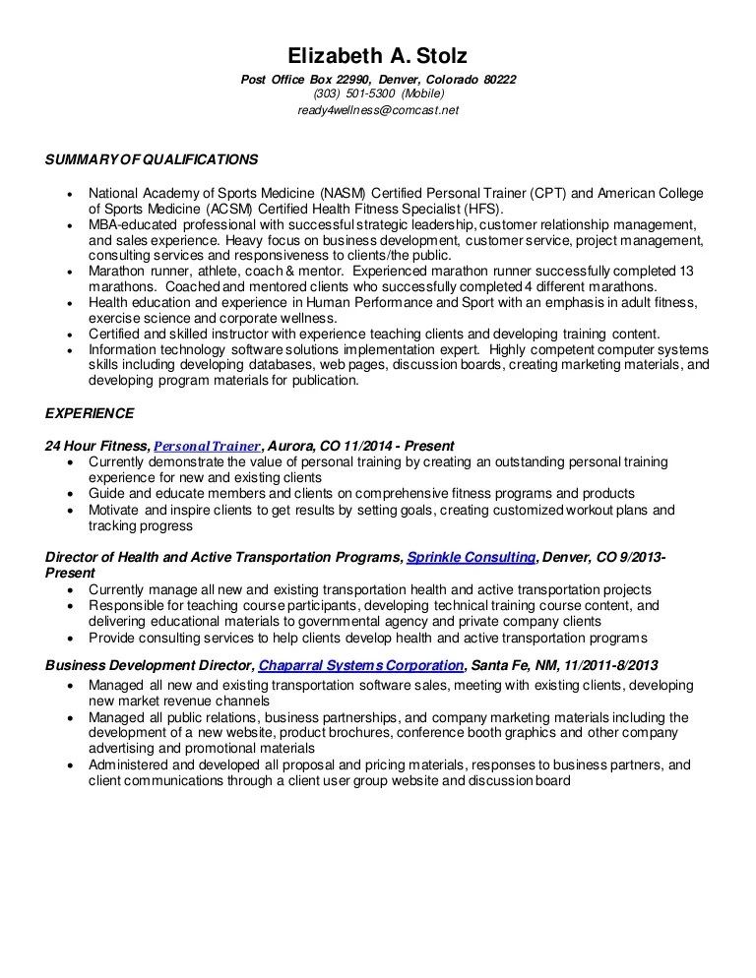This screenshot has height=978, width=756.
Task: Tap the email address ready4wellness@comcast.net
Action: (378, 110)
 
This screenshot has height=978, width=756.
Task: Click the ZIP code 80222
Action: (500, 79)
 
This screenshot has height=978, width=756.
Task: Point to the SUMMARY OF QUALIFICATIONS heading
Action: (152, 159)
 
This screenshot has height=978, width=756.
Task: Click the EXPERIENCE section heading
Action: (90, 413)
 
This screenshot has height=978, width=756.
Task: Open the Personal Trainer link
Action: (208, 446)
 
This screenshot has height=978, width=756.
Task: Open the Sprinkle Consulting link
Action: (471, 557)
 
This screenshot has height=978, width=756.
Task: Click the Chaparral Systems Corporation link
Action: (360, 665)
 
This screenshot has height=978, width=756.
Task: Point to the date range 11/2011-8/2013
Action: (604, 665)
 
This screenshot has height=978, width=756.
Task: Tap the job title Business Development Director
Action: (149, 665)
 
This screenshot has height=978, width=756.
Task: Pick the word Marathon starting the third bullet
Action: (117, 271)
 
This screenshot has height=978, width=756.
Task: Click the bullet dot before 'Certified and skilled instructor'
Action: (69, 334)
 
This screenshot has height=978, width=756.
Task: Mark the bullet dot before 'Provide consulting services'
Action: (69, 638)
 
